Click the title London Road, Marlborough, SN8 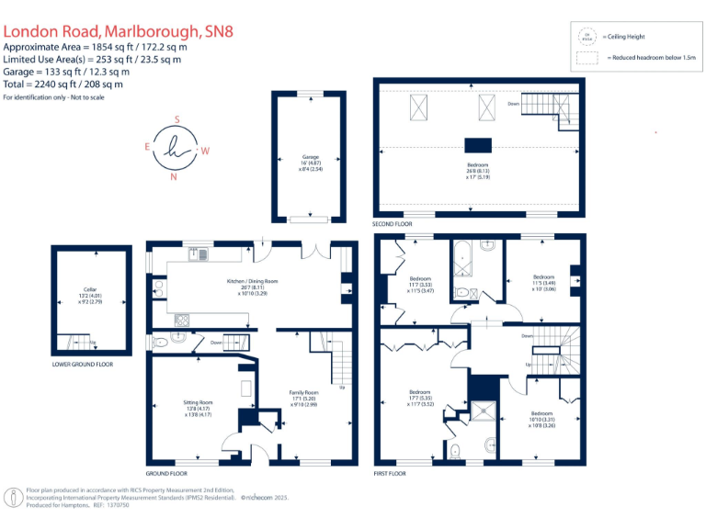click(119, 30)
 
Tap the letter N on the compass click(174, 177)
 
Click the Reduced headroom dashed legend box click(586, 58)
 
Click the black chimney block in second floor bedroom click(477, 143)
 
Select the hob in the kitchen click(182, 321)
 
